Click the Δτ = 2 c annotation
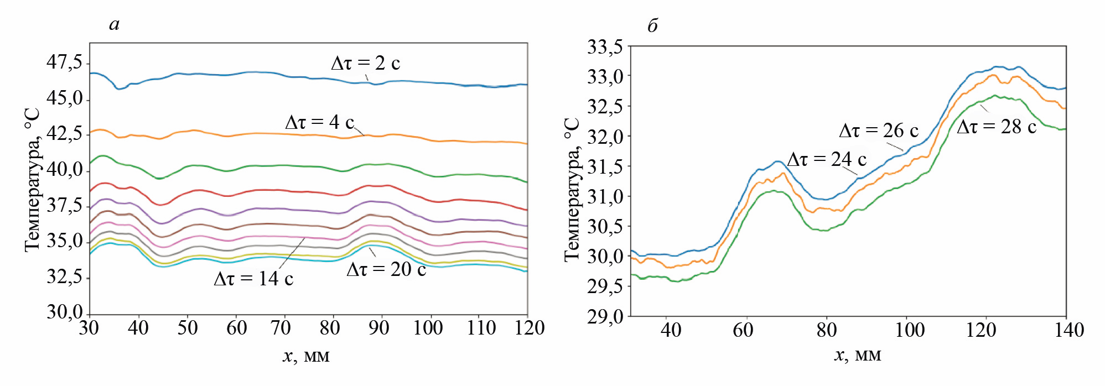[x=365, y=63]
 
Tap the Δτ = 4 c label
[x=319, y=122]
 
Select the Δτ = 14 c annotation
[x=253, y=279]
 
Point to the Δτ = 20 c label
[x=386, y=269]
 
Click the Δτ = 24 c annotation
[x=827, y=159]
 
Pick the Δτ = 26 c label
[x=879, y=131]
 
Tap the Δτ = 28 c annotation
[x=997, y=127]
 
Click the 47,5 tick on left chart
[x=64, y=62]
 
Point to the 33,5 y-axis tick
[x=605, y=48]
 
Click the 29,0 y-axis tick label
[x=605, y=317]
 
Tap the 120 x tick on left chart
[x=529, y=328]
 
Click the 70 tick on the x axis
[x=281, y=328]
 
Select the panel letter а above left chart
[x=115, y=24]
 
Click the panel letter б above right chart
[x=653, y=25]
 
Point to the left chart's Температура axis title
[x=32, y=180]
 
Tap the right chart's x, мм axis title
[x=857, y=354]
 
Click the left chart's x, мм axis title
[x=306, y=356]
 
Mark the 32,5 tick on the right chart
[x=605, y=106]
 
